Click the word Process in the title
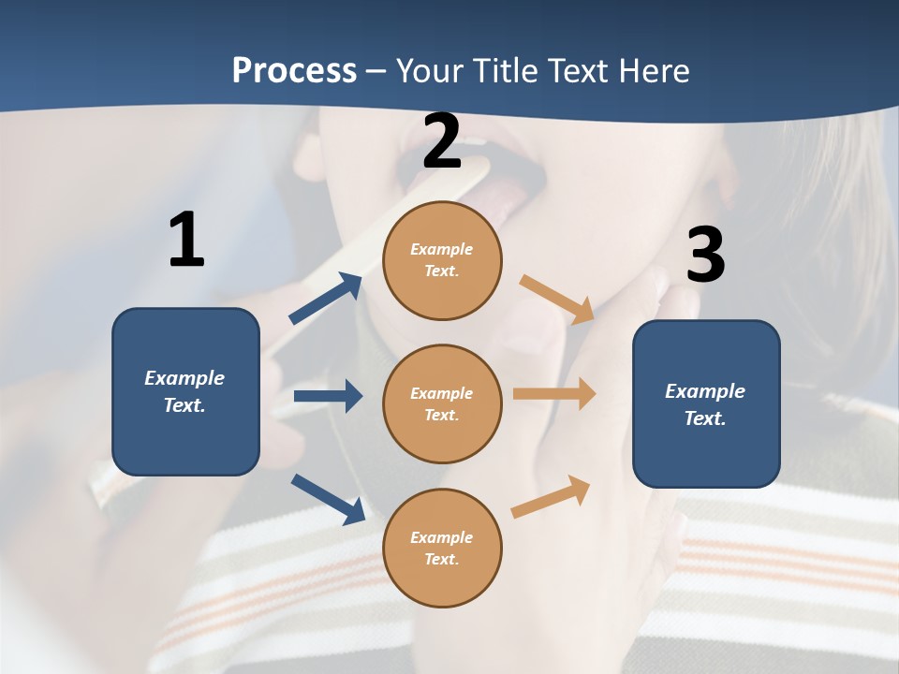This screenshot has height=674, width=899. (x=294, y=70)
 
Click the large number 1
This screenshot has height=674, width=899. (x=186, y=241)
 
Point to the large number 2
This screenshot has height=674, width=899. (x=442, y=141)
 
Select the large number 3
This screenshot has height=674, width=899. (x=705, y=256)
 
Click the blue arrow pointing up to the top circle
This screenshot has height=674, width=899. (x=326, y=298)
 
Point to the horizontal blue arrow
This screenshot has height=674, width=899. (x=328, y=396)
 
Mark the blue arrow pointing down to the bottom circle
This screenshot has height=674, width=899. (x=328, y=499)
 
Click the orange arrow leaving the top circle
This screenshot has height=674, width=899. (x=556, y=299)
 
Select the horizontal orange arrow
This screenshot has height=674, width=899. (x=553, y=394)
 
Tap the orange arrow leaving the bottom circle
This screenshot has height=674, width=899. (x=551, y=497)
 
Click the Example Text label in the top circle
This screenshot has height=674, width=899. (x=442, y=260)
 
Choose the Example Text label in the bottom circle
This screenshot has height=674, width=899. (x=442, y=549)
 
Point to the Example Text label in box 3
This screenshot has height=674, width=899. (x=705, y=404)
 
